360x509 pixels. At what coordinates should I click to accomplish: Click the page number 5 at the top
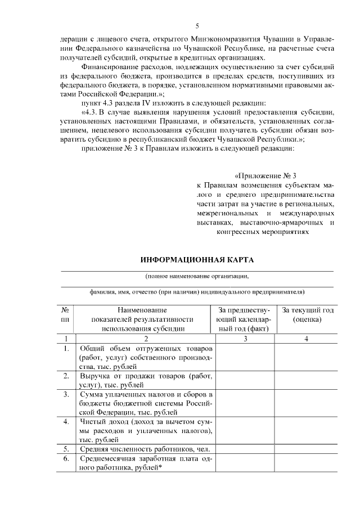pos(197,26)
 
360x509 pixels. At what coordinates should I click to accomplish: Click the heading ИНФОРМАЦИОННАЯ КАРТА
pos(197,260)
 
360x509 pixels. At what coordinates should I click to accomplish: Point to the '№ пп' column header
pos(66,314)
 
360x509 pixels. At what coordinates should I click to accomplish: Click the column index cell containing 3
pos(245,339)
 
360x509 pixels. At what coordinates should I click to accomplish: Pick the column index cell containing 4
pos(306,339)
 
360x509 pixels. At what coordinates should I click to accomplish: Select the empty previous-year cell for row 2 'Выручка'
pos(245,380)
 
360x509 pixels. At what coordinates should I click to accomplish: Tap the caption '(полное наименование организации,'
pos(197,276)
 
